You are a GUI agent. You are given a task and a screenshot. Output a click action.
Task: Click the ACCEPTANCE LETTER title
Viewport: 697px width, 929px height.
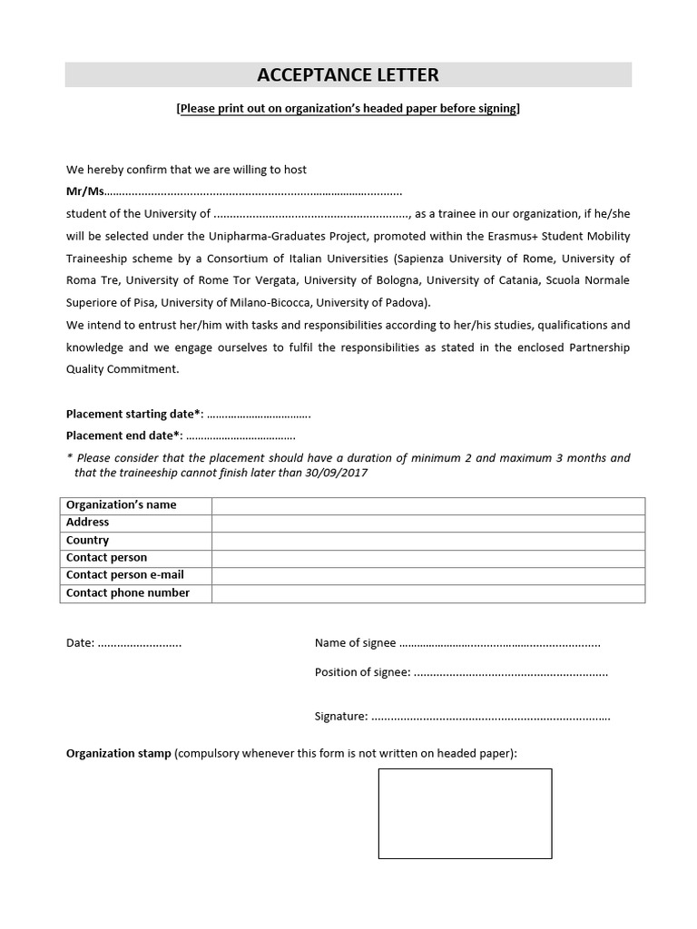click(348, 74)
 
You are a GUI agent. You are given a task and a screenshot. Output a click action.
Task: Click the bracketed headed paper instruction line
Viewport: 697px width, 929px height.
click(348, 109)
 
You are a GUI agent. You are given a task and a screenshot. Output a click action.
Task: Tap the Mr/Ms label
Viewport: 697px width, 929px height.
click(85, 191)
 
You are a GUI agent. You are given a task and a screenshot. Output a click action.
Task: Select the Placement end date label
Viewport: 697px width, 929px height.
click(124, 435)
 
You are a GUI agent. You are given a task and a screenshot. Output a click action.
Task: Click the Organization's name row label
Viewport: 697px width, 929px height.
click(121, 504)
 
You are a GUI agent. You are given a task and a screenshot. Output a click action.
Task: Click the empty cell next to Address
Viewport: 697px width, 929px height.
click(428, 523)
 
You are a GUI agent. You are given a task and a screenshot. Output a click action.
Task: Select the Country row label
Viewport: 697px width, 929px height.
click(87, 540)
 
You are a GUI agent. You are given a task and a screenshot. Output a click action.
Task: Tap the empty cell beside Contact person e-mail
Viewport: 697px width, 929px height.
click(428, 575)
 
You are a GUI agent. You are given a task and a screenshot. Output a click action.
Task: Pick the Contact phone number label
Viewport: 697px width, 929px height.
click(128, 592)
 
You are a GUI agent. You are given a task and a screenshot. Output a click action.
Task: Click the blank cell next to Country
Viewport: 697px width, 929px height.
click(428, 540)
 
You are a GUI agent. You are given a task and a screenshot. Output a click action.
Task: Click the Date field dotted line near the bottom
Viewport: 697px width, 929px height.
click(139, 643)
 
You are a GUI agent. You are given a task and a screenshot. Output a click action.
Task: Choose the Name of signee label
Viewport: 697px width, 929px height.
click(355, 643)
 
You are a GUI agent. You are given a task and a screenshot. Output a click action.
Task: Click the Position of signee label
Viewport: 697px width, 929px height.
click(362, 672)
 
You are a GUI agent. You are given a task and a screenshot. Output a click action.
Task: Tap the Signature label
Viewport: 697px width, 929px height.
click(340, 717)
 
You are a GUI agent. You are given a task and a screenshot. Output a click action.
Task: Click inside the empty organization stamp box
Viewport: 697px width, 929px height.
click(465, 813)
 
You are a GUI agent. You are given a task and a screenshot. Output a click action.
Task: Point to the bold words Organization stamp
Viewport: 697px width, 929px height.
click(118, 754)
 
